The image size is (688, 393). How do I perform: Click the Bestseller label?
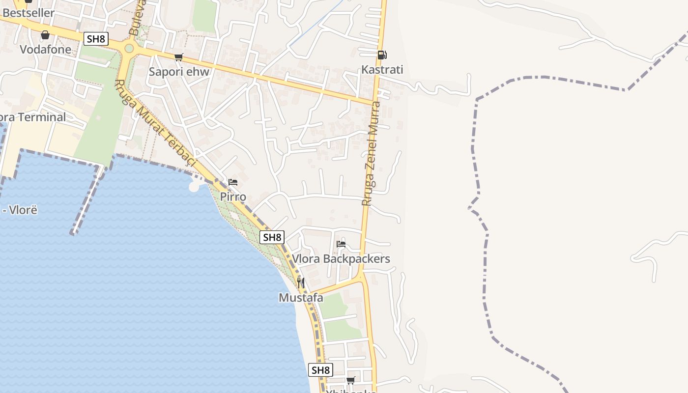(x=29, y=13)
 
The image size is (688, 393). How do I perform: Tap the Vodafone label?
(x=45, y=50)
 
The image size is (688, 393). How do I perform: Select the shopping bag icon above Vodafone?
(x=45, y=35)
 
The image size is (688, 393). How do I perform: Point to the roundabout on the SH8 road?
(x=129, y=48)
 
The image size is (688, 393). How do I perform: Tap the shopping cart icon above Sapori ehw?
(x=179, y=57)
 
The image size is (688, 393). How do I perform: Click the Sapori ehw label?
(x=179, y=72)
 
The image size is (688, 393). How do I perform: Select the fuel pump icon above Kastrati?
(x=382, y=55)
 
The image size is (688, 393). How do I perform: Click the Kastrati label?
(x=382, y=70)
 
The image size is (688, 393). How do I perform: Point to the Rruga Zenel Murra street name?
(x=371, y=153)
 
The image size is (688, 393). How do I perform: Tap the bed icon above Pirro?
(x=233, y=182)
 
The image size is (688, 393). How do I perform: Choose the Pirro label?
(x=233, y=197)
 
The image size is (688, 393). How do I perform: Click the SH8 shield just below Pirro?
(x=272, y=237)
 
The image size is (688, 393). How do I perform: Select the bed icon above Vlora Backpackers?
(x=341, y=244)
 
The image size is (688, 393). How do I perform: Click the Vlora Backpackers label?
(x=341, y=259)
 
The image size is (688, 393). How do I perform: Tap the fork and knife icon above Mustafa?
(x=301, y=283)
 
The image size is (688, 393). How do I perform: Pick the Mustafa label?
(x=301, y=298)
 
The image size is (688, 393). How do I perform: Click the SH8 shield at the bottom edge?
(x=320, y=370)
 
